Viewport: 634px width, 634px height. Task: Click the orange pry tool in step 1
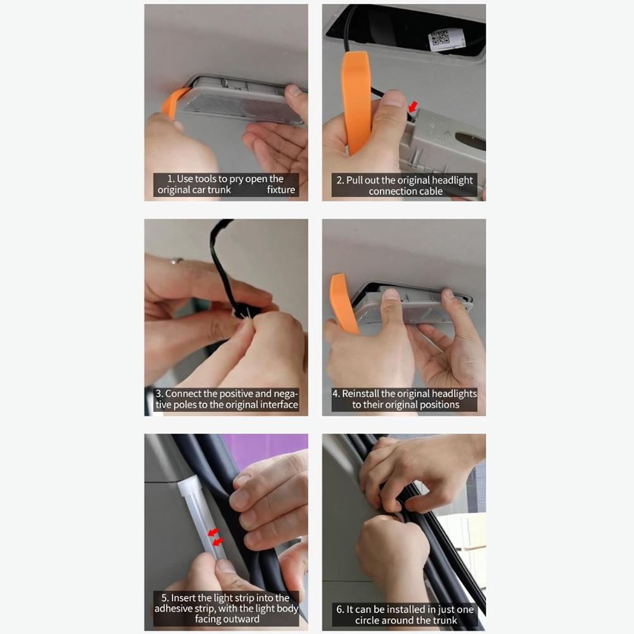172,103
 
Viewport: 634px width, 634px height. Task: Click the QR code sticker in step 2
447,39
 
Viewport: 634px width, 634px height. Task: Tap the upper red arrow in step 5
213,532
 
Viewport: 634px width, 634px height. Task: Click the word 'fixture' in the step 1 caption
281,190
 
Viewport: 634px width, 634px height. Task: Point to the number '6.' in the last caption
340,609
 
